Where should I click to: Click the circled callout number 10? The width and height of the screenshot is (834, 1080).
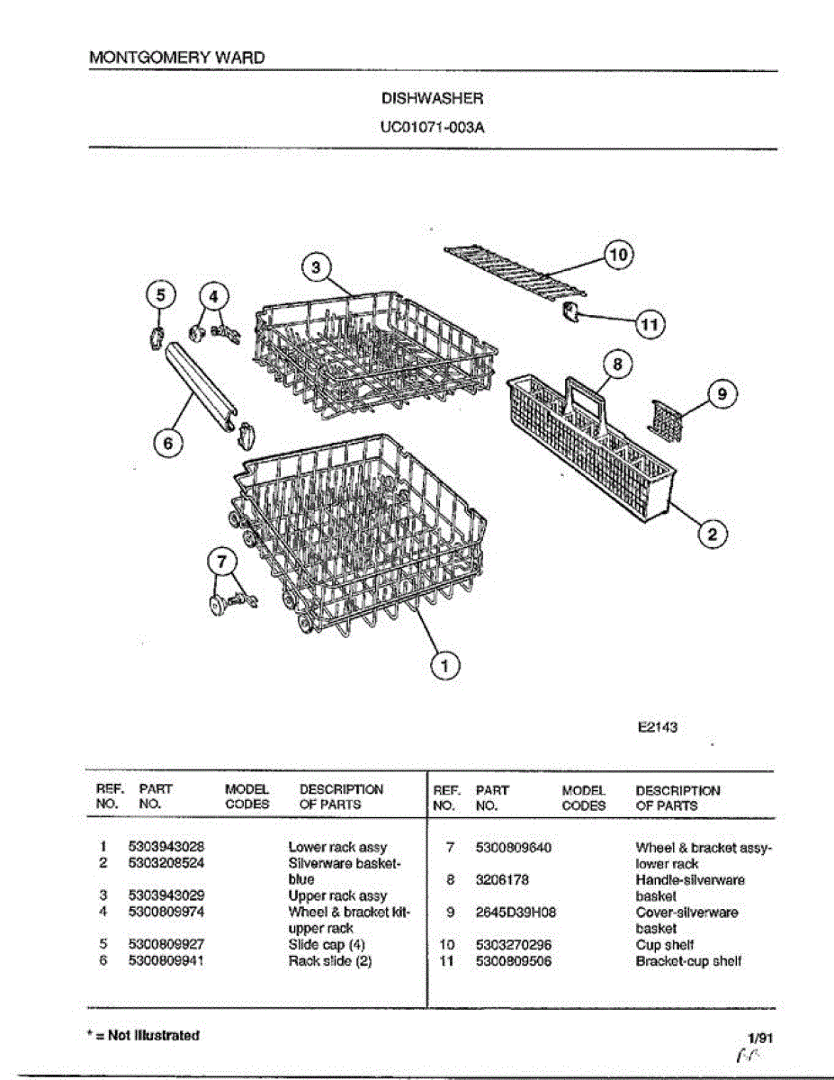[619, 255]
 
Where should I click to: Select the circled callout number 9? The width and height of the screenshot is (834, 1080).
[722, 393]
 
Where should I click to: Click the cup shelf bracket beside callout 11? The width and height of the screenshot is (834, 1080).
[569, 313]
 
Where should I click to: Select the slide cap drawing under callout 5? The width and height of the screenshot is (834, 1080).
[157, 338]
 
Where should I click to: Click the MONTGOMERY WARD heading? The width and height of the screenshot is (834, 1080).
[177, 58]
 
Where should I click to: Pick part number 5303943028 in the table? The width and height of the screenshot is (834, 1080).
[166, 847]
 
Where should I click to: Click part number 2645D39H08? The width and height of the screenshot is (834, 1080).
[516, 912]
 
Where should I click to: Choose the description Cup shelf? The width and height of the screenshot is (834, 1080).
[664, 945]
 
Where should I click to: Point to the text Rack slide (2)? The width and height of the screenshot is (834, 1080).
[330, 961]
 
